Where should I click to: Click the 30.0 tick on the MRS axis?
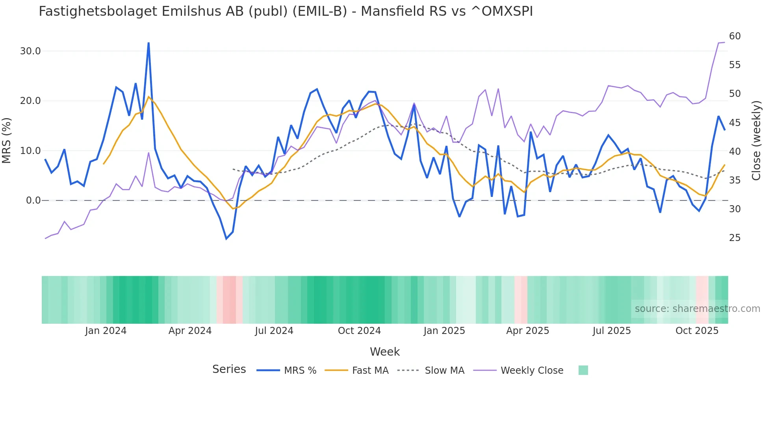point(30,51)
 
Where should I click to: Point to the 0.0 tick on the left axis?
point(33,200)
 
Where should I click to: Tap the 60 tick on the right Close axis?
point(735,36)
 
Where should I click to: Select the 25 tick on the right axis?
point(735,238)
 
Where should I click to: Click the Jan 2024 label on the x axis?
point(106,331)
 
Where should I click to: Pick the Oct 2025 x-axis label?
point(697,331)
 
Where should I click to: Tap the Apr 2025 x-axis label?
point(527,331)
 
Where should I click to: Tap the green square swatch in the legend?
point(583,370)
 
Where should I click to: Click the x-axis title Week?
point(384,352)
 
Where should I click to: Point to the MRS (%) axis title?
point(7,141)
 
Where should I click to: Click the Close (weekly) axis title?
point(756,141)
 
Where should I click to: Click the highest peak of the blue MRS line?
point(148,43)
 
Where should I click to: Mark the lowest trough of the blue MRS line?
point(226,239)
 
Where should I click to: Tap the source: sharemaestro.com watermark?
point(697,309)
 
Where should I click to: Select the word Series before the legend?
point(229,369)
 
